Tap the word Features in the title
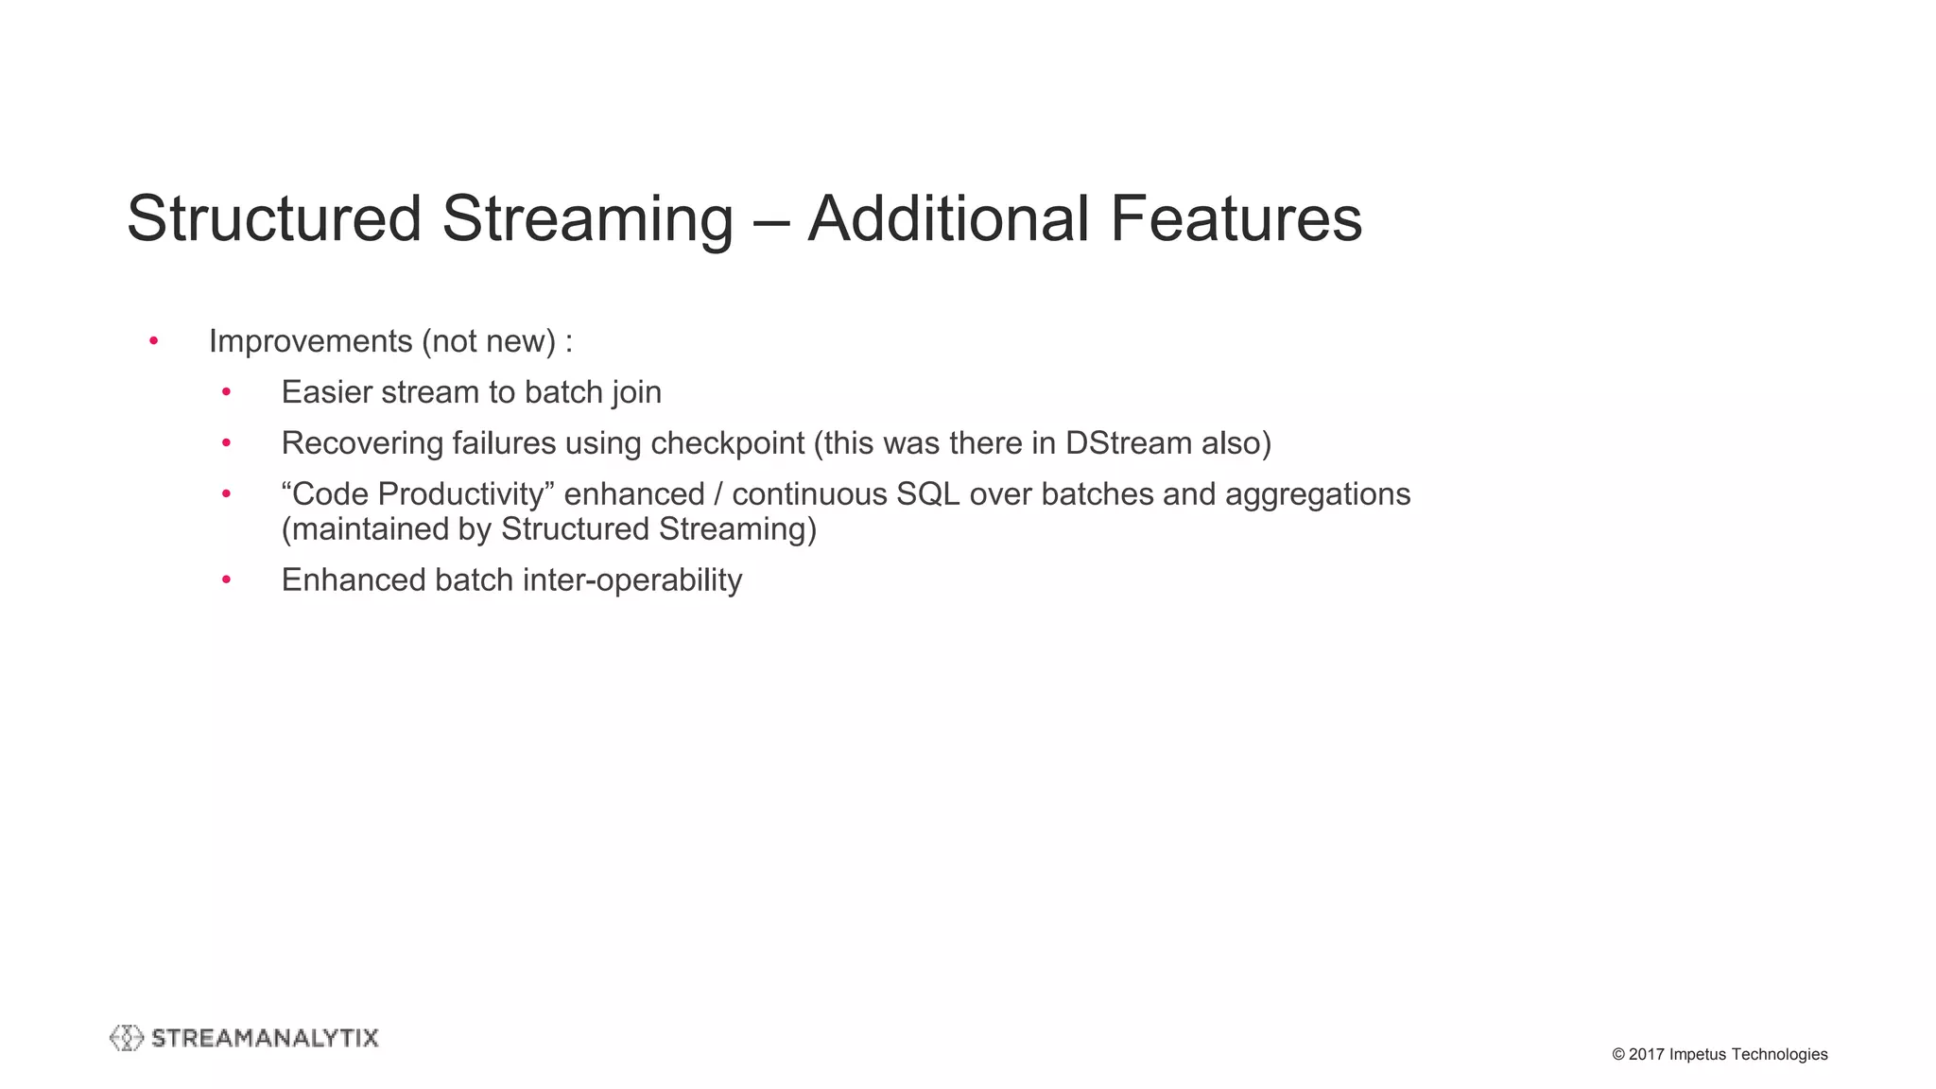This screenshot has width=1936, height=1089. (1236, 219)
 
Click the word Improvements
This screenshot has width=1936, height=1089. (310, 341)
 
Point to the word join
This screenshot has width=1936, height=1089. (635, 392)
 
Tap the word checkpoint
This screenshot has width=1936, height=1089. (728, 443)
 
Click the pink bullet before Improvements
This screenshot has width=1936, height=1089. (154, 341)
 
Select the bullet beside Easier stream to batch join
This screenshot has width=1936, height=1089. (226, 392)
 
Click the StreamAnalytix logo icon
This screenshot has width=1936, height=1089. (127, 1038)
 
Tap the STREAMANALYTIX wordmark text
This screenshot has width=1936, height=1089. (265, 1038)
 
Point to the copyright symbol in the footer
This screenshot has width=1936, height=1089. (1618, 1055)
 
